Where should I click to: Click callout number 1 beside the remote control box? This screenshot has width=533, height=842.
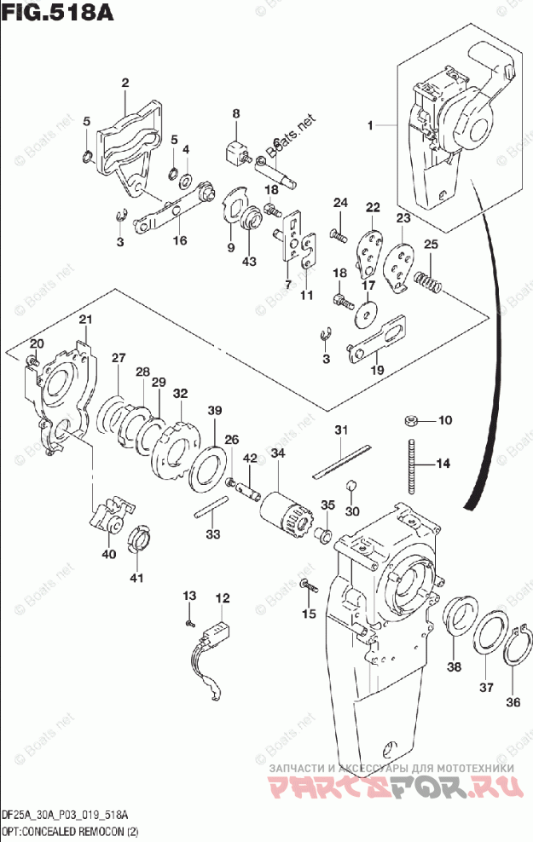[x=371, y=125]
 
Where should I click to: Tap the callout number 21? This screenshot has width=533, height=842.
[x=84, y=320]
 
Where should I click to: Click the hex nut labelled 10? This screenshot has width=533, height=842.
[x=410, y=420]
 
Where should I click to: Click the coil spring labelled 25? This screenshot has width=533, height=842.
[x=428, y=280]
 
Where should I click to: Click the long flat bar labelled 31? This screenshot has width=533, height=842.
[x=341, y=461]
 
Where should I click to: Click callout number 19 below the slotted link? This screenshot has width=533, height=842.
[x=376, y=369]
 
